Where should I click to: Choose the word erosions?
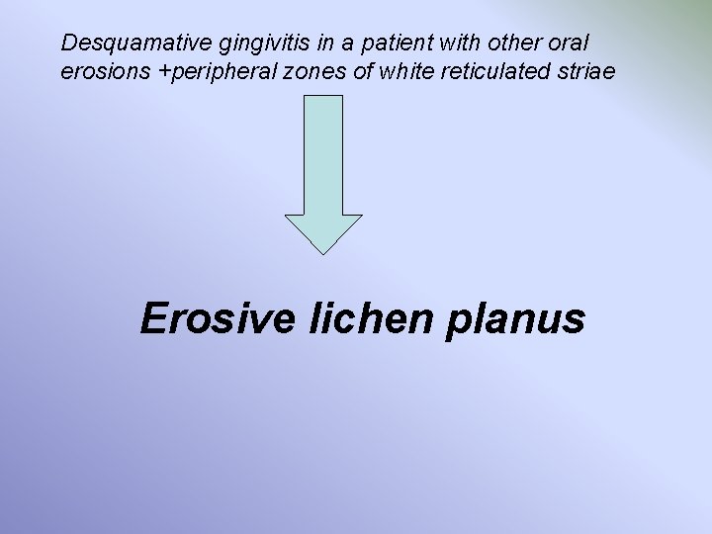(x=102, y=73)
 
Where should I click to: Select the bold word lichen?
(x=347, y=319)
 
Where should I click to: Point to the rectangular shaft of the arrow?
(x=323, y=154)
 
